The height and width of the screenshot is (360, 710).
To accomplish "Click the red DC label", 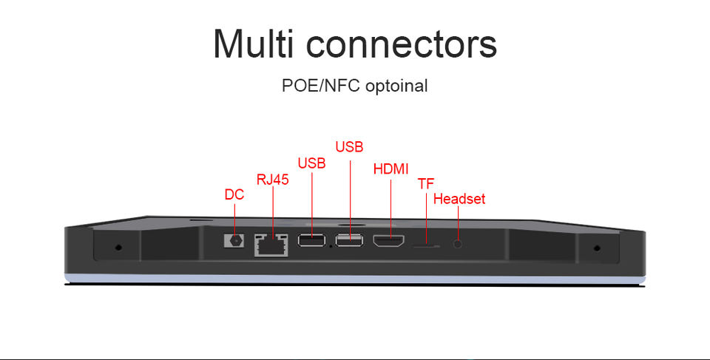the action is click(234, 194).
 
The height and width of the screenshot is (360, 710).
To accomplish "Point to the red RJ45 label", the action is click(272, 179).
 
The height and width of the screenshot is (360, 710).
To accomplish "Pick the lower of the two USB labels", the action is click(311, 163).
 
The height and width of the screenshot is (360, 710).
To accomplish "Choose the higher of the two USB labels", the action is click(349, 146).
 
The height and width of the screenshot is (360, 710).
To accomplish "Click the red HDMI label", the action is click(391, 169).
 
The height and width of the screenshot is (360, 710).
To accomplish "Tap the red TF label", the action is click(425, 183).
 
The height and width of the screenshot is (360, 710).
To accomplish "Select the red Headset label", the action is click(459, 199).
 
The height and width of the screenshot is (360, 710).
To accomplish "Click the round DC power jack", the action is click(235, 240).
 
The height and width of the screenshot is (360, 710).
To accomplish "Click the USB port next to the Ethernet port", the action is click(311, 240).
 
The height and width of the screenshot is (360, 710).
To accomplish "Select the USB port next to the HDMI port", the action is click(349, 240).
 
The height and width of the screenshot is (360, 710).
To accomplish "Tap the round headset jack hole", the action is click(459, 242).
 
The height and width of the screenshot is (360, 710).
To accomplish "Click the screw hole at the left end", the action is click(118, 247).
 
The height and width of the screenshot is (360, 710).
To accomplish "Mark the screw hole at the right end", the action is click(598, 247).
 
